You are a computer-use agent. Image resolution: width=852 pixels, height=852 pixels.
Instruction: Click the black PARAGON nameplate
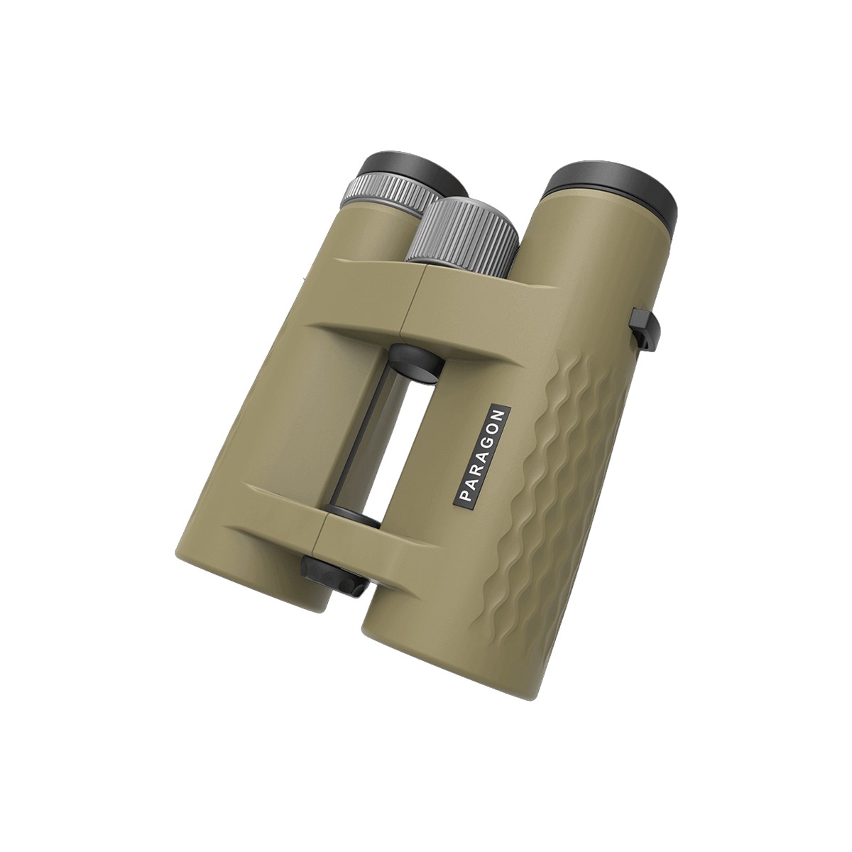point(481,457)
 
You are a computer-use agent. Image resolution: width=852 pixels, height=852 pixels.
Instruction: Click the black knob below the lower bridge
point(334,574)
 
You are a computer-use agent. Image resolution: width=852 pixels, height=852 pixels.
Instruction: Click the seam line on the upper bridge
point(415,298)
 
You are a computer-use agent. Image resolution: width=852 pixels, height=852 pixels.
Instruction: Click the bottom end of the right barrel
point(426,639)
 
